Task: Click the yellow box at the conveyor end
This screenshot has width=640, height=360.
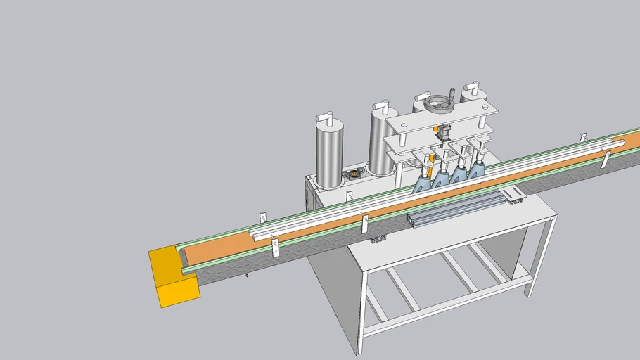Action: point(172,278)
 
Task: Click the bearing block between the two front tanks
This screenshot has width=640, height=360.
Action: point(353,173)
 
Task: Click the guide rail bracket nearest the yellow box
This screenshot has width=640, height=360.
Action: point(275,245)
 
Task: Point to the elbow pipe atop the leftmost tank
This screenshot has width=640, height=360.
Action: point(326,115)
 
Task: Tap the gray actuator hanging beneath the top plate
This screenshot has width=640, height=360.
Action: point(443,131)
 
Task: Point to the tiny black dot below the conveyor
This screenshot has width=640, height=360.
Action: point(246,276)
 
